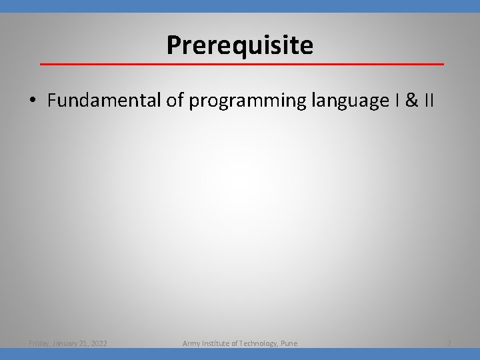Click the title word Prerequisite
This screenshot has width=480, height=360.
[x=239, y=45]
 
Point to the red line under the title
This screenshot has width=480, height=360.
[x=241, y=64]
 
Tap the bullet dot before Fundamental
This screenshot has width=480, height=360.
[x=32, y=101]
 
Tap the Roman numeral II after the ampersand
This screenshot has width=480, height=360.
[x=428, y=101]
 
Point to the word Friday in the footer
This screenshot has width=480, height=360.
[x=41, y=343]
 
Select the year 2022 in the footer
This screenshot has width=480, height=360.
[x=99, y=343]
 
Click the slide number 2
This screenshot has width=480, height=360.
[x=449, y=343]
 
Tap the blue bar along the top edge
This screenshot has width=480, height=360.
[x=240, y=5]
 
